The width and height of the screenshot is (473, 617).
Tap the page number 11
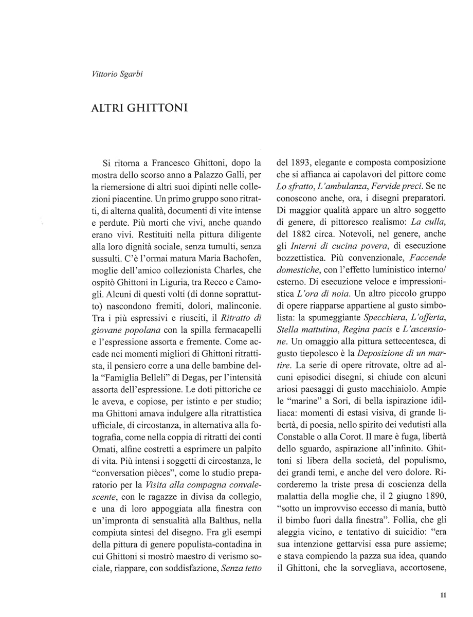point(443,595)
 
